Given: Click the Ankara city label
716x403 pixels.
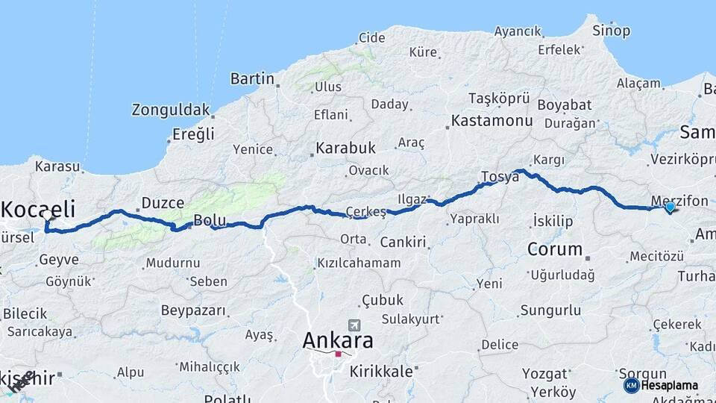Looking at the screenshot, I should coord(337,340).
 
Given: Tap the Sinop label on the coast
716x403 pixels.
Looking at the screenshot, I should coord(611,31).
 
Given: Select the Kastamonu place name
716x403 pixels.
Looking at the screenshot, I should coord(492,121).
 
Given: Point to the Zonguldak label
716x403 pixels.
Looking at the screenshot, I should coord(171,110).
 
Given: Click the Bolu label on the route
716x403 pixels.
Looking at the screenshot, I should coord(209,220).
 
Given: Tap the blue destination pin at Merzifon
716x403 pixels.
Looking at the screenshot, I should coord(670,207).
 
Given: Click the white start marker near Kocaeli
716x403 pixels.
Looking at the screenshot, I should coord(48,215).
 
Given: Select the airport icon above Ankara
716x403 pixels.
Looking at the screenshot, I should coord(353,325).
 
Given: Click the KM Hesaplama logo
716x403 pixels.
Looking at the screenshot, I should coord(661,385).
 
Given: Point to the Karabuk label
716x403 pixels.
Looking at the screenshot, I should coord(345,148).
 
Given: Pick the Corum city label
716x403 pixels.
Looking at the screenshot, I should coord(554,249).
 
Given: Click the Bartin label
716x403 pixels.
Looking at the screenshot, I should coord(252,78).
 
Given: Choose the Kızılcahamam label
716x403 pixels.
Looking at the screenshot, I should coord(358,263).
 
